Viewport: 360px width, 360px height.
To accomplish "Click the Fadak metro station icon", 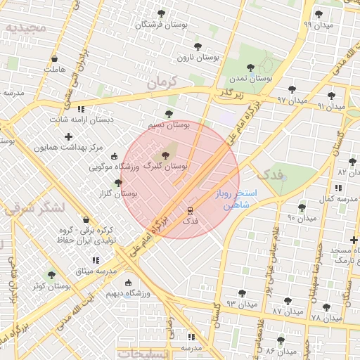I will point(190,210).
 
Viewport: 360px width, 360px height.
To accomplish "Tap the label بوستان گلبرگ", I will point(165,166).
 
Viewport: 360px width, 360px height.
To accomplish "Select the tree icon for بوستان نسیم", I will point(168,113).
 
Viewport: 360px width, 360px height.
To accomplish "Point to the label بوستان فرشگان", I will point(161,24).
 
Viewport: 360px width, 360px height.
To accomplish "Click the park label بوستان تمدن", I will point(250,79).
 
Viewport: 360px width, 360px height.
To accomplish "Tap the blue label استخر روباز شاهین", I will point(236,199).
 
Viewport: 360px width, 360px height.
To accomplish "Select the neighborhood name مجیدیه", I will point(25,28).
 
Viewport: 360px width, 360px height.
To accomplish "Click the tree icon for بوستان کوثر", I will point(51,275).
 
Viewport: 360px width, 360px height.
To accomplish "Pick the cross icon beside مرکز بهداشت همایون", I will point(68,136).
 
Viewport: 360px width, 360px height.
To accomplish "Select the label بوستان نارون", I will point(198,56).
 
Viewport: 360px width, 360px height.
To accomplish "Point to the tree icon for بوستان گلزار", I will point(118,183).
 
